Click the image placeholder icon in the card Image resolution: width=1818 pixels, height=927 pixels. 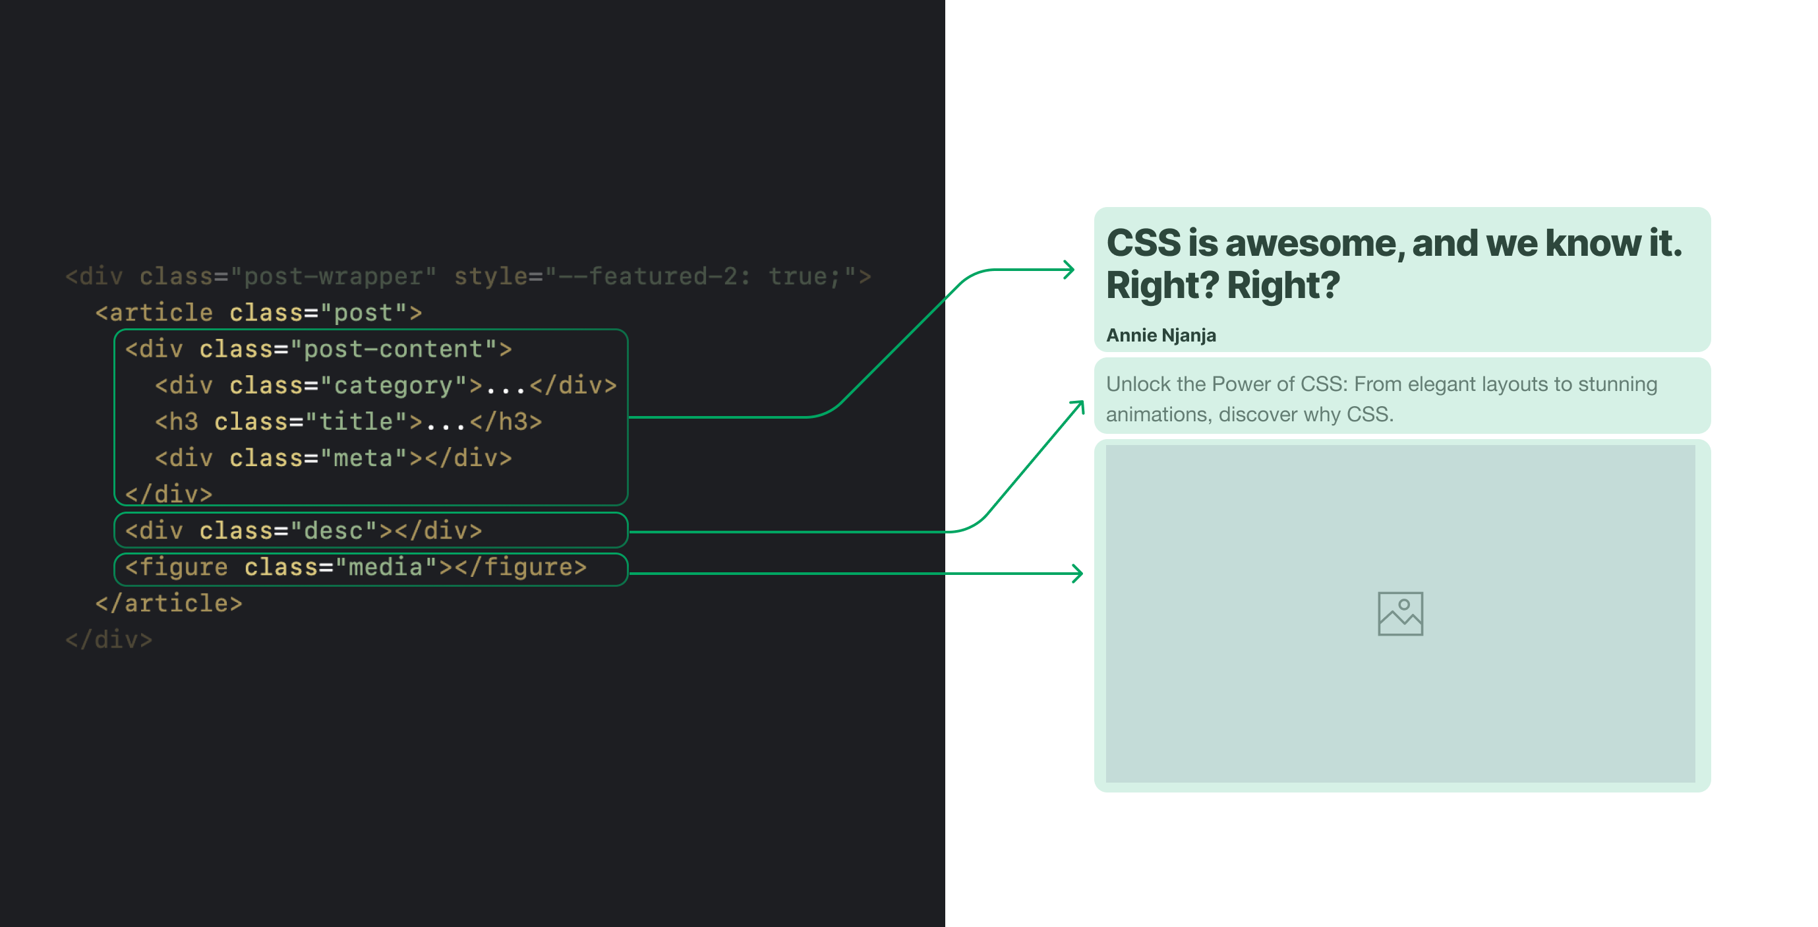point(1400,614)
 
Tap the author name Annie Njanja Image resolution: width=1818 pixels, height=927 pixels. point(1161,336)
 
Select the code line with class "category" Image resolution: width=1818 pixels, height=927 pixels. point(386,386)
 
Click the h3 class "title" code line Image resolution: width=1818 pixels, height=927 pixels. point(349,422)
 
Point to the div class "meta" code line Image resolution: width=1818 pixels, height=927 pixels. point(333,458)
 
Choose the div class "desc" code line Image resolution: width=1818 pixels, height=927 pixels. point(303,530)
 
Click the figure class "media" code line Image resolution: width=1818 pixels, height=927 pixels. point(356,567)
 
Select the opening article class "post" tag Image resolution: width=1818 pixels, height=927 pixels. point(258,313)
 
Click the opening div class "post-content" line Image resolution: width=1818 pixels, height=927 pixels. point(318,349)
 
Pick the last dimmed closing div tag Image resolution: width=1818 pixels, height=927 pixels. point(109,640)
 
